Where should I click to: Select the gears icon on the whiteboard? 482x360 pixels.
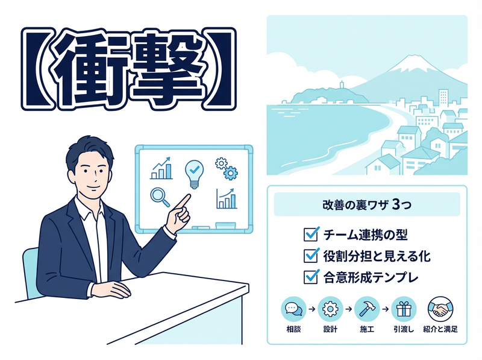tap(225, 169)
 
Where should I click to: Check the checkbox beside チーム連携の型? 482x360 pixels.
tap(311, 233)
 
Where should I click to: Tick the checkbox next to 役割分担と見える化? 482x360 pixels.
tap(311, 255)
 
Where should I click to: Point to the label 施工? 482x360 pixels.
tap(366, 330)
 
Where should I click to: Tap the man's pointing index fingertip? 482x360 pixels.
tap(189, 195)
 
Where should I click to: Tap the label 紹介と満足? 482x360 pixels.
tap(440, 330)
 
